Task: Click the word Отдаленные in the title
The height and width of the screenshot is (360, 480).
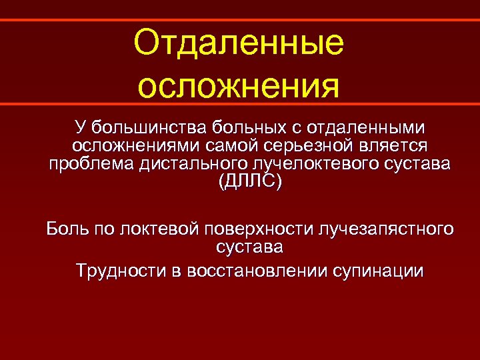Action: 239,44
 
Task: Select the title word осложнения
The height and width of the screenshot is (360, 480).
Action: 239,85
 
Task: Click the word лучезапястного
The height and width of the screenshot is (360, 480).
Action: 387,230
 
